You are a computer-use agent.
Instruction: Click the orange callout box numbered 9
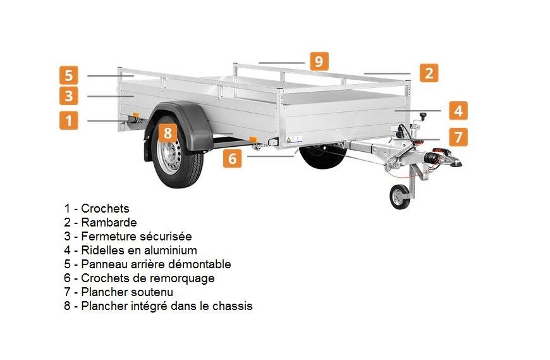pos(319,61)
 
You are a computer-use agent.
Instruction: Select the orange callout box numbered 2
pos(429,73)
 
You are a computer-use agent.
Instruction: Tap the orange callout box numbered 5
pos(69,75)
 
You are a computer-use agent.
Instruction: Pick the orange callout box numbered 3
pos(69,96)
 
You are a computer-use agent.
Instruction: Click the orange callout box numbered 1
pos(69,120)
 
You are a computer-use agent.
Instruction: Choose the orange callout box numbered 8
pos(167,133)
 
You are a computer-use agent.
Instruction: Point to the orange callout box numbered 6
pos(232,158)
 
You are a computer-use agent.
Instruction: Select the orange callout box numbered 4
pos(458,110)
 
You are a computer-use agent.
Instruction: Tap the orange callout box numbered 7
pos(458,136)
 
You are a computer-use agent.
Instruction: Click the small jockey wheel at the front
pos(400,196)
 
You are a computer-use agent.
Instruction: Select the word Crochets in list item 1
pos(105,208)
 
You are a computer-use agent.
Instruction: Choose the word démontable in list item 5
pos(204,264)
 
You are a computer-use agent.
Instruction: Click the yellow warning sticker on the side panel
pos(288,137)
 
